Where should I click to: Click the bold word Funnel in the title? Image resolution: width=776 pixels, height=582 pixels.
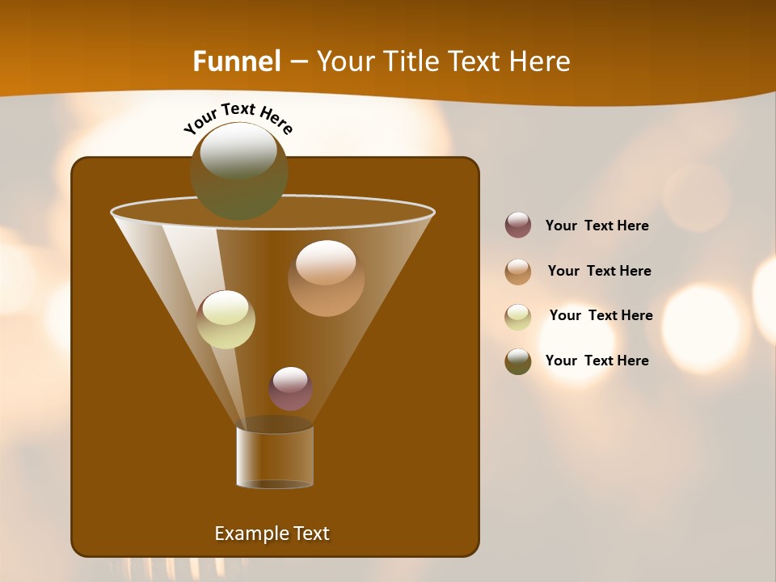tap(236, 61)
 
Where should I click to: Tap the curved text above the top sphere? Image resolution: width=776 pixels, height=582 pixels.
tap(238, 118)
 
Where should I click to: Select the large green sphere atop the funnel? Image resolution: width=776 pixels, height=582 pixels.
tap(238, 171)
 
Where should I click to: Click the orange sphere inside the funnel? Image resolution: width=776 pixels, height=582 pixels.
tap(326, 278)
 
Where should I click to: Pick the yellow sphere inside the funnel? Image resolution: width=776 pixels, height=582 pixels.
tap(226, 319)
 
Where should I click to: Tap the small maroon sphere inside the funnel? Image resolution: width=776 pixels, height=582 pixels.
tap(290, 389)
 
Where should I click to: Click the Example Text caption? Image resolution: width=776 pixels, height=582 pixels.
tap(272, 533)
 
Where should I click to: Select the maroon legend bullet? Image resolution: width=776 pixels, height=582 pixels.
tap(518, 226)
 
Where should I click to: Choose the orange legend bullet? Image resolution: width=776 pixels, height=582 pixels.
tap(518, 272)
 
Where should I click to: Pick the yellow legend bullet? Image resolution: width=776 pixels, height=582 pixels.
tap(518, 317)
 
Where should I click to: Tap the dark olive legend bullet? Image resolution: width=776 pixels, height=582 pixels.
tap(518, 361)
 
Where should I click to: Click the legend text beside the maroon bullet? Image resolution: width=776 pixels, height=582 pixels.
tap(597, 226)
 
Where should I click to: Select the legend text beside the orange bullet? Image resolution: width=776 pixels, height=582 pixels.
tap(599, 272)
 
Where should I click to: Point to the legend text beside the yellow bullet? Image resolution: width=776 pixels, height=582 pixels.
tap(601, 316)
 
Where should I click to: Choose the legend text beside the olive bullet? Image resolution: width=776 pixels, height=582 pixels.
tap(597, 361)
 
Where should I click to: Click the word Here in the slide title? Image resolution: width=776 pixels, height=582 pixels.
tap(541, 61)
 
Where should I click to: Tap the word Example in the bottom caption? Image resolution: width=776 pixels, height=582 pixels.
tap(251, 533)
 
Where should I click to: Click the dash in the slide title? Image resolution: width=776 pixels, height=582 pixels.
tap(298, 61)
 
